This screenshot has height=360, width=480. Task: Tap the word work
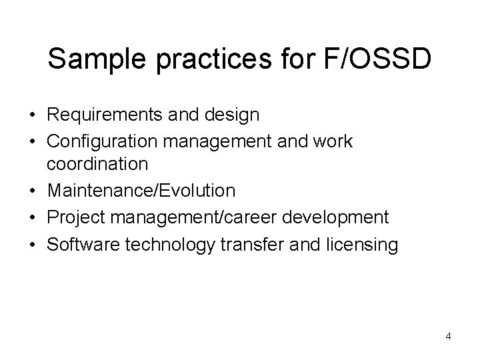(331, 141)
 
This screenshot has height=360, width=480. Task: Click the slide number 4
(448, 336)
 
